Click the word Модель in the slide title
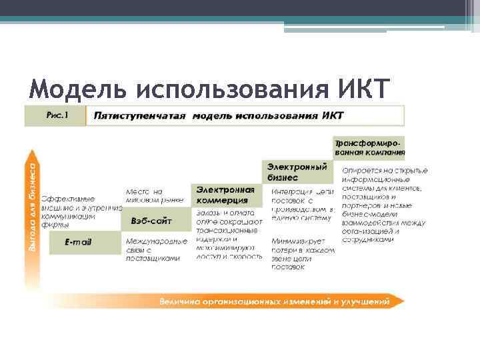(79, 89)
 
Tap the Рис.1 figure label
(57, 115)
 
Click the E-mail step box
(78, 241)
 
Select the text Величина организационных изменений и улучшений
(274, 302)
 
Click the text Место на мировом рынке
(149, 196)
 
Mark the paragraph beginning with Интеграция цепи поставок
(301, 205)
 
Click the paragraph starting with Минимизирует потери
(301, 254)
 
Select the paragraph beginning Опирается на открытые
(383, 205)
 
